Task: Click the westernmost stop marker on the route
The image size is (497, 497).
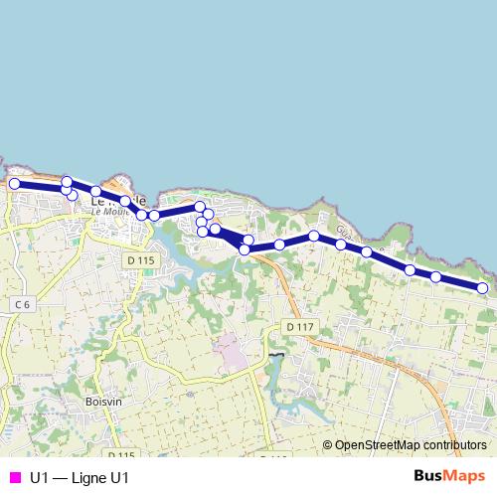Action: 15,184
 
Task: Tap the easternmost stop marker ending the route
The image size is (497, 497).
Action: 482,288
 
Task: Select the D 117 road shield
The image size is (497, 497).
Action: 297,326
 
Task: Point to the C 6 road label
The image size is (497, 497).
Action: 24,303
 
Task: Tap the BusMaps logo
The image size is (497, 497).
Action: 449,476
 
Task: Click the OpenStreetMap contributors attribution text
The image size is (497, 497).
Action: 412,446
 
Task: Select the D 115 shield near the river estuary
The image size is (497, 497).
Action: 141,260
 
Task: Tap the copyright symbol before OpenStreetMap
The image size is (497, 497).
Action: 328,446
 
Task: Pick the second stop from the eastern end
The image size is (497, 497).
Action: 436,276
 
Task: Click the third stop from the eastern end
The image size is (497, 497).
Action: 410,269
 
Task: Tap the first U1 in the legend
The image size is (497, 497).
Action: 40,477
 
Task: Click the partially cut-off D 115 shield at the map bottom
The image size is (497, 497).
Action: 117,453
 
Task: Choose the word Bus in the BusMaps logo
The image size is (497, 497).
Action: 428,476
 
